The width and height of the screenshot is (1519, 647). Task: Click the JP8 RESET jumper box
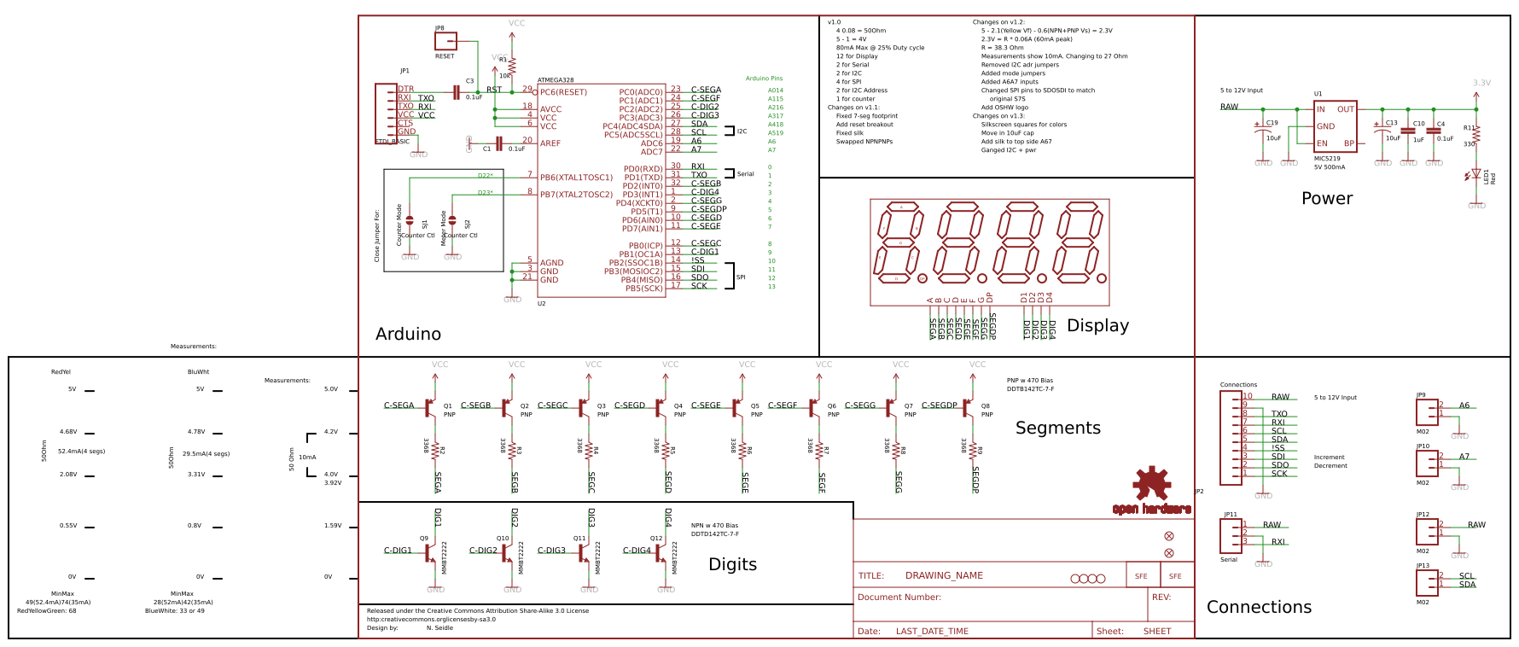click(x=445, y=40)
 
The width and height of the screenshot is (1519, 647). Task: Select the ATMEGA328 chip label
click(x=556, y=80)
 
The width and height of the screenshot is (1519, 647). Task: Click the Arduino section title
click(x=408, y=334)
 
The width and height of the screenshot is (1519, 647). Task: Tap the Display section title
click(x=1097, y=325)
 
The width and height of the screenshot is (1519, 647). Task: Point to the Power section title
click(x=1327, y=198)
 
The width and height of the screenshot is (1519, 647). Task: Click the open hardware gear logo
click(x=1151, y=484)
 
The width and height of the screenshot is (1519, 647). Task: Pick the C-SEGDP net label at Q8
click(x=939, y=405)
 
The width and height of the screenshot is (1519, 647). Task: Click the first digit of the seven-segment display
click(x=900, y=243)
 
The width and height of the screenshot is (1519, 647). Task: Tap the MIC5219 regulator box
click(x=1335, y=126)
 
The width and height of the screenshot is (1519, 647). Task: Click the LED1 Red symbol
click(x=1475, y=174)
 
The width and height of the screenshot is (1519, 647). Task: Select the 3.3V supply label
click(x=1481, y=83)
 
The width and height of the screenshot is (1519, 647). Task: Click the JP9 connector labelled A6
click(x=1426, y=411)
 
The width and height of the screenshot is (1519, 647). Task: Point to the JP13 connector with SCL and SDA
click(x=1426, y=582)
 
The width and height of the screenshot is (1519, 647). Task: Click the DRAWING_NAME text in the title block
click(x=944, y=575)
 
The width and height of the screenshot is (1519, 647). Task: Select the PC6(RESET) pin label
click(x=563, y=92)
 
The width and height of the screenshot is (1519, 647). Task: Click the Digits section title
click(x=732, y=564)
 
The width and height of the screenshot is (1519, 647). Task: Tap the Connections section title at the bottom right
click(x=1259, y=607)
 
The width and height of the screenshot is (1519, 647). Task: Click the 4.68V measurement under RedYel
click(x=68, y=432)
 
